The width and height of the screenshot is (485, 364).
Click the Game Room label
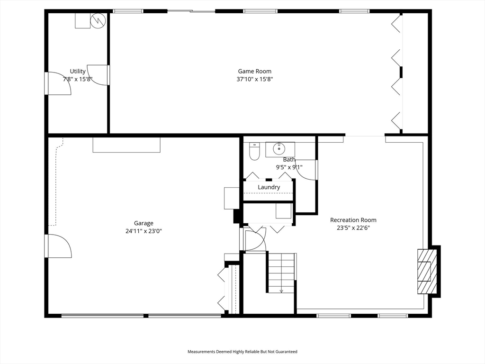click(255, 71)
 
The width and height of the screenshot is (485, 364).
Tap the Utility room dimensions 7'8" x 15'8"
click(78, 79)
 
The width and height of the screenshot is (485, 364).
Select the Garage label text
click(144, 223)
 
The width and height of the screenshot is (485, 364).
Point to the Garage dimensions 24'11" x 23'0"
click(144, 231)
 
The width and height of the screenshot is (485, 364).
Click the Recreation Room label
click(353, 220)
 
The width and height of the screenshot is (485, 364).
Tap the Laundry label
click(269, 187)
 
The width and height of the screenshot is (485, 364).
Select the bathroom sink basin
click(279, 149)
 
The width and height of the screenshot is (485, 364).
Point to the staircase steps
click(281, 272)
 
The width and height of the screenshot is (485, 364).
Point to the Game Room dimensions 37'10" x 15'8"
click(255, 79)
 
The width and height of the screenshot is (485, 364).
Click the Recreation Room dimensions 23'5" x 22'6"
click(353, 228)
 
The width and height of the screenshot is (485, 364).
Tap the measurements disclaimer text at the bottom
click(242, 352)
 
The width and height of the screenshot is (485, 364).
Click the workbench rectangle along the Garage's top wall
click(126, 145)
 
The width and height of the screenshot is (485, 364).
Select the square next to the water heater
click(82, 20)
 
